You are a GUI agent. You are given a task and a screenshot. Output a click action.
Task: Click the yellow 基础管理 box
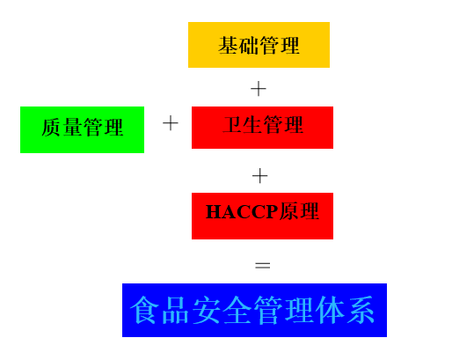click(x=259, y=45)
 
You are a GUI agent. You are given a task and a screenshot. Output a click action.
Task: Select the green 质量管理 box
click(x=82, y=129)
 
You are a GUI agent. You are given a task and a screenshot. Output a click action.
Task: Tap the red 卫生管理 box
click(x=262, y=128)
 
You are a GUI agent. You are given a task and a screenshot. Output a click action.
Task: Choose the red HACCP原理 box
click(x=262, y=216)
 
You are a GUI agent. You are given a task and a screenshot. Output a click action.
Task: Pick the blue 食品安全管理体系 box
click(x=254, y=310)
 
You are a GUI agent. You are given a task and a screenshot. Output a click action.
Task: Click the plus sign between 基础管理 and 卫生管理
click(x=259, y=89)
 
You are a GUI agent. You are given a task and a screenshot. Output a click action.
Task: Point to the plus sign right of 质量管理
click(x=171, y=123)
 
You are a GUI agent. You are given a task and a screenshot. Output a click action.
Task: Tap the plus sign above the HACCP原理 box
click(x=259, y=176)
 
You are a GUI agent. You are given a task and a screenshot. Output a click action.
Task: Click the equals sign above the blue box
click(x=263, y=266)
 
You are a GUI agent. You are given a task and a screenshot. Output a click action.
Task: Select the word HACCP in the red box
click(x=242, y=211)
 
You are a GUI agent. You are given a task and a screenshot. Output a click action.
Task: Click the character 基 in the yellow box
click(x=228, y=46)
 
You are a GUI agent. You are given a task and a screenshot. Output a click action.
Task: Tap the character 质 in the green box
click(x=51, y=128)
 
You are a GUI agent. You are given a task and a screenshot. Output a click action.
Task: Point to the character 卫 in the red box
click(x=232, y=125)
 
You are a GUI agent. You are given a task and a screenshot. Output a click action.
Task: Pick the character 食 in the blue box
click(x=143, y=310)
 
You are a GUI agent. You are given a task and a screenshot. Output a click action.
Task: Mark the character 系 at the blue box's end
click(x=361, y=310)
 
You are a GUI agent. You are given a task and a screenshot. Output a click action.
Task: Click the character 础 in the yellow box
click(x=249, y=46)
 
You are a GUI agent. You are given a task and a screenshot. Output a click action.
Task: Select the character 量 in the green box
click(x=72, y=128)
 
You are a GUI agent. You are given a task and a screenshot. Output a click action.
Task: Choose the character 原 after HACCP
click(x=288, y=211)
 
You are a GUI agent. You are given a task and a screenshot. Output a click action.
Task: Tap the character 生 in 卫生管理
click(x=252, y=125)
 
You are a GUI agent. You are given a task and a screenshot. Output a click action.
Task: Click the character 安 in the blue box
click(x=206, y=310)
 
